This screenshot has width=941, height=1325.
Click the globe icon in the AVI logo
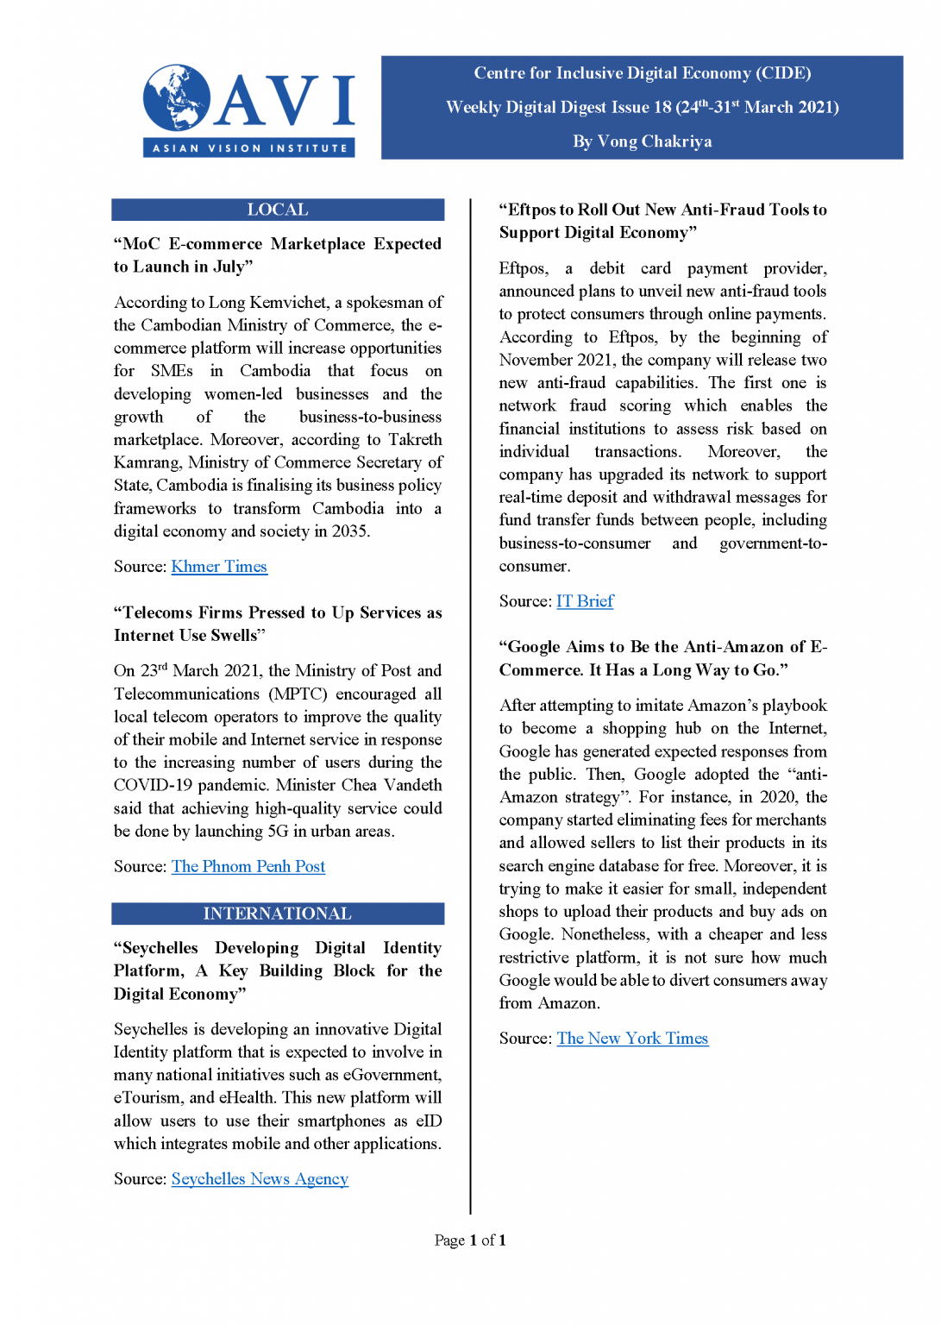(177, 97)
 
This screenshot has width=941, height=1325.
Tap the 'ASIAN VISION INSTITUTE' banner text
(249, 148)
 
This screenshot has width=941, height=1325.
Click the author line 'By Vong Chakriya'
(642, 141)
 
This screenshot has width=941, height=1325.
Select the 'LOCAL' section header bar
(278, 210)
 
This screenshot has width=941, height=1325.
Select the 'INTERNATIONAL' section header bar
(278, 914)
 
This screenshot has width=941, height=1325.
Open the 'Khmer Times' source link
(219, 567)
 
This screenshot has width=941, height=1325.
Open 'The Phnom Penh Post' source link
(248, 866)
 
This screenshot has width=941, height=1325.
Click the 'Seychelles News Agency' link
(260, 1178)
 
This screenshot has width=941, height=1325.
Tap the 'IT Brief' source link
(585, 601)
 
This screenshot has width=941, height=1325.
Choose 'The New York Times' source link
(632, 1039)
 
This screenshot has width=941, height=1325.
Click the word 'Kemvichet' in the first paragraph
(288, 303)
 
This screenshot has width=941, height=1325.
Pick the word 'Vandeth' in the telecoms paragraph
(413, 785)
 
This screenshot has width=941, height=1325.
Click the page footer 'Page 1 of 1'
(470, 1240)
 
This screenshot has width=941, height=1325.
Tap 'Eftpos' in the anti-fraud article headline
(532, 210)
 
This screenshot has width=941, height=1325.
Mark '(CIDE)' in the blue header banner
(783, 73)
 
